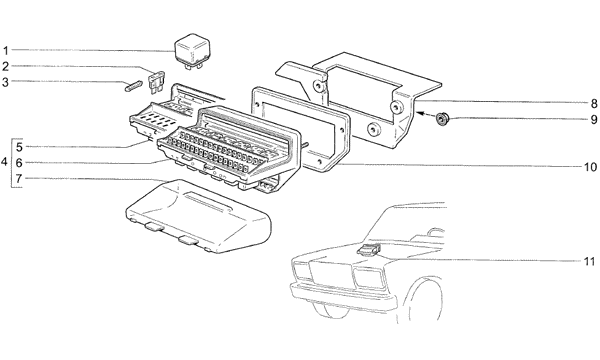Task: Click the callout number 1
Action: [x=5, y=50]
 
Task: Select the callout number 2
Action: [x=5, y=67]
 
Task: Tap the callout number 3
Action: [x=5, y=82]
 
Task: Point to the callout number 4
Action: [x=4, y=162]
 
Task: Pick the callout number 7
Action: [x=19, y=179]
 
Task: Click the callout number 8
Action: [x=593, y=103]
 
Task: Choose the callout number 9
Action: [x=593, y=119]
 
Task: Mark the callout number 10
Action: [x=590, y=167]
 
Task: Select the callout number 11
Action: [x=590, y=261]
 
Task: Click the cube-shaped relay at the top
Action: [x=190, y=51]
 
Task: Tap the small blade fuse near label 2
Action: [x=156, y=81]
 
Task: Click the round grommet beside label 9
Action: [x=443, y=119]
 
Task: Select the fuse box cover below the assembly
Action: [x=198, y=217]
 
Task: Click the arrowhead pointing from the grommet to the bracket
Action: [x=421, y=113]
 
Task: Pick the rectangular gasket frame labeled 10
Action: [x=300, y=129]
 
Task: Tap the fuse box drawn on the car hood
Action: [x=369, y=249]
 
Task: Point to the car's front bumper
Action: [x=342, y=295]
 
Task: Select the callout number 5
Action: [x=19, y=147]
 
